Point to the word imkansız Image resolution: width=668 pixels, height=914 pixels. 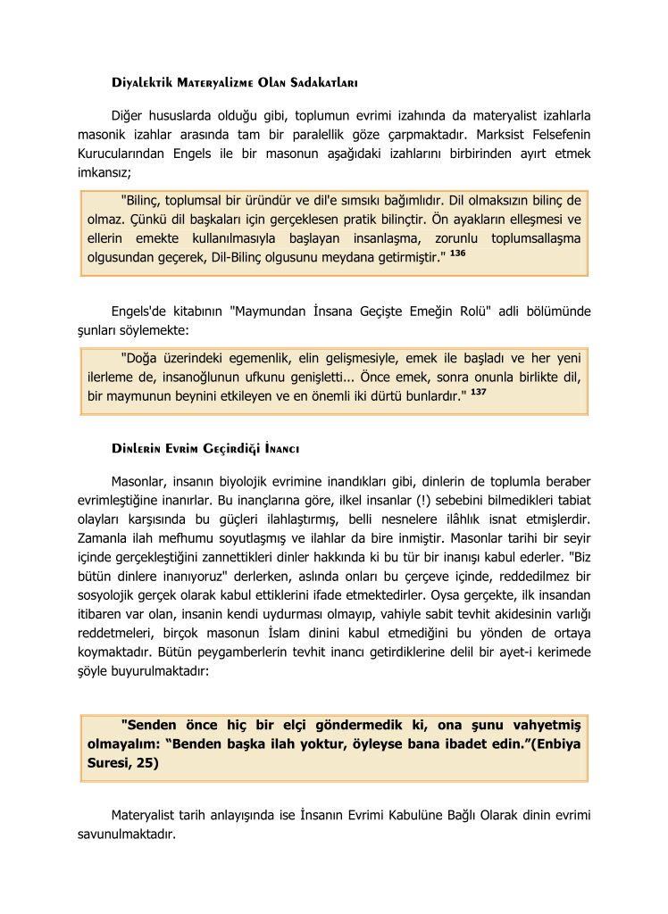104,171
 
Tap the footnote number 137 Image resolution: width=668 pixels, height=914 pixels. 479,392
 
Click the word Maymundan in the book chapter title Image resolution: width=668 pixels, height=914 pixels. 274,312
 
